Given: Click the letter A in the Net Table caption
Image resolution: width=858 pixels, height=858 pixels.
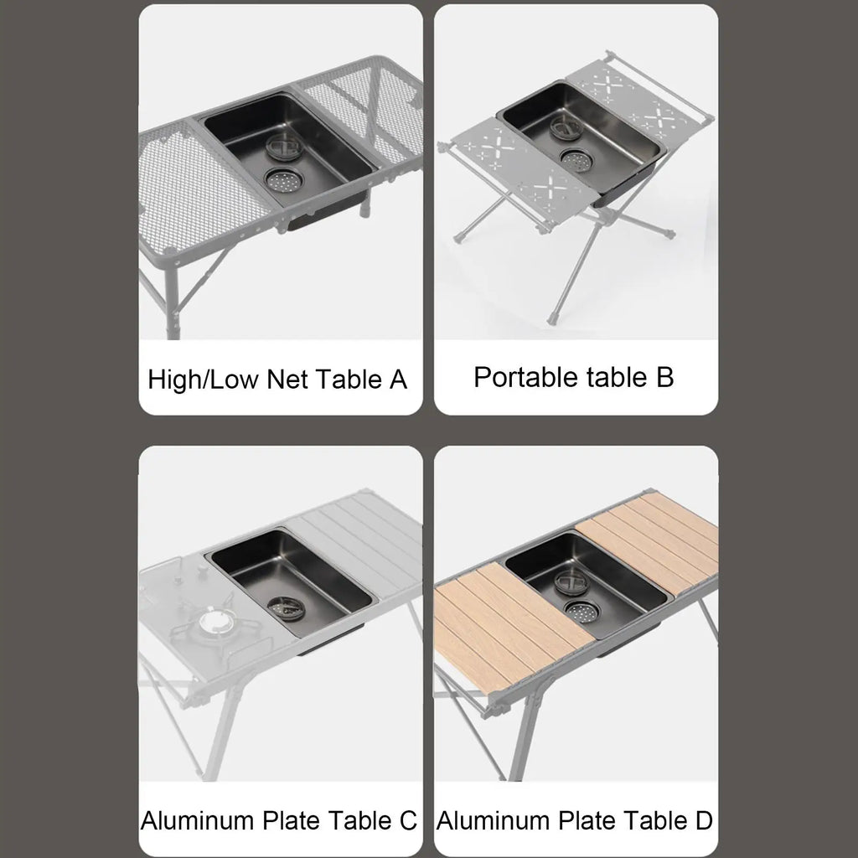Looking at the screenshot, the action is pos(398,380).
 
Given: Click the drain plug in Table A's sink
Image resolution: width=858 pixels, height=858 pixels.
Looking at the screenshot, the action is pos(284,147).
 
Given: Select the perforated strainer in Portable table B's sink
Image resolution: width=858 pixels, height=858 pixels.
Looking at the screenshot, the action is pos(576,159).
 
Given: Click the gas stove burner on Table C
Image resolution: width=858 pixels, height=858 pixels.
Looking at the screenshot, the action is pos(211,622).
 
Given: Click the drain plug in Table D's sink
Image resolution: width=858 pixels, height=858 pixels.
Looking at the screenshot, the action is pos(571,581).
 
